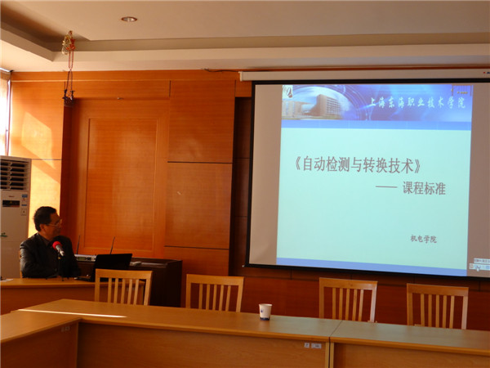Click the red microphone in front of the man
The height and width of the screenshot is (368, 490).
(57, 247)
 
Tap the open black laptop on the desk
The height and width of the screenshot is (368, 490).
(112, 263)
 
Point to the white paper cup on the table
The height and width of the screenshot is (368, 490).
(265, 311)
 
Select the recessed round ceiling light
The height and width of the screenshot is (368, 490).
(129, 19)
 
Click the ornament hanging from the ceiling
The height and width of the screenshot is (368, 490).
(68, 46)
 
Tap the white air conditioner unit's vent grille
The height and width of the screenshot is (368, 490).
(14, 174)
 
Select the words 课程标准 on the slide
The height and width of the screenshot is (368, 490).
(424, 187)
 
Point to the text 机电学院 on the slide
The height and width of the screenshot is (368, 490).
(423, 239)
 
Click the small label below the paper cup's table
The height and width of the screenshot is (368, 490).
(314, 345)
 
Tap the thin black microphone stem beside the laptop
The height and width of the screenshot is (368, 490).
(112, 245)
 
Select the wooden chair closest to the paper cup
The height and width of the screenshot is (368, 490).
(215, 292)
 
